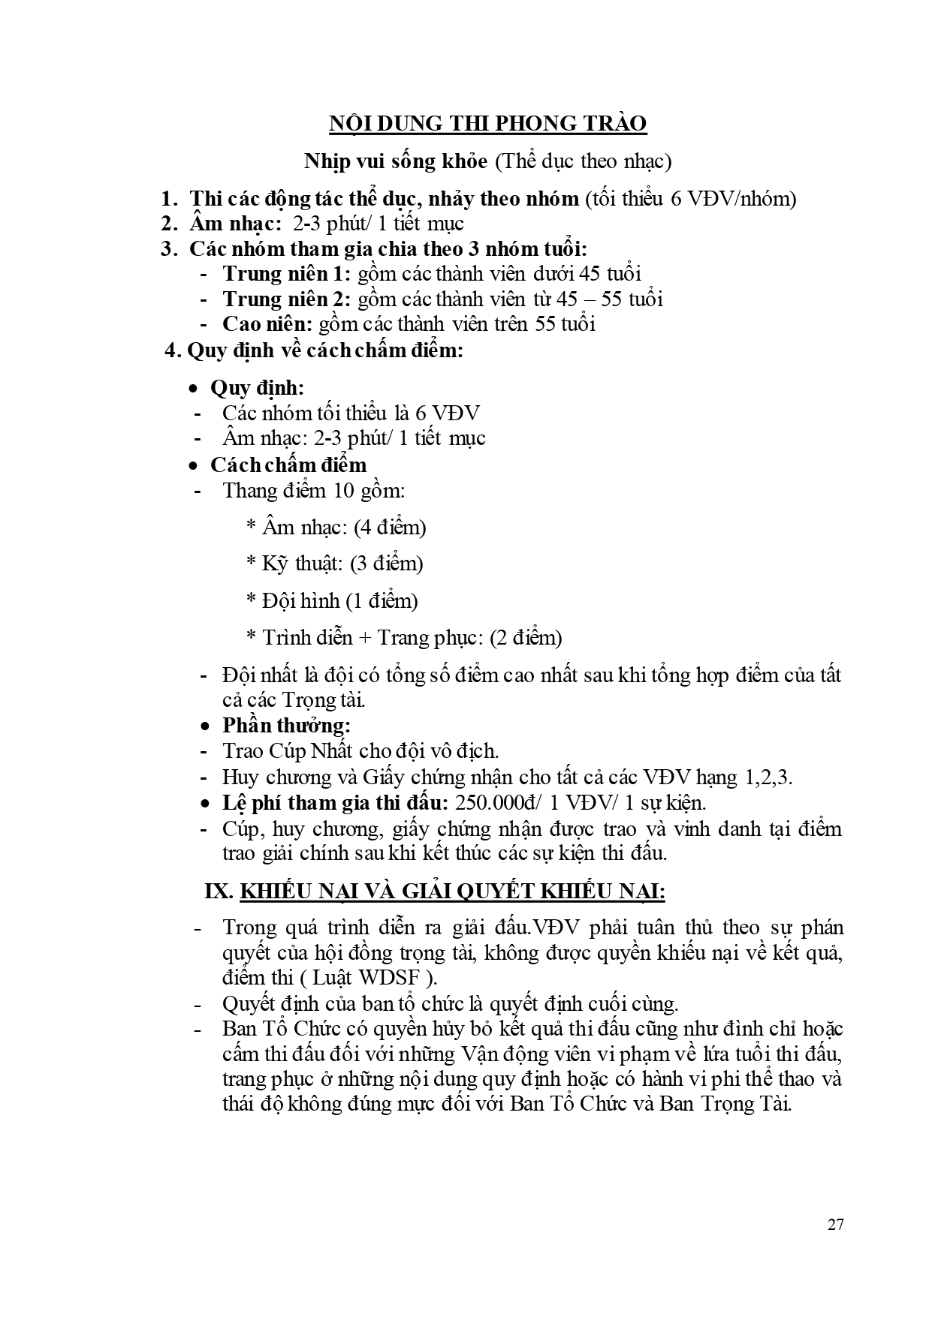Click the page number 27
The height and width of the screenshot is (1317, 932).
(835, 1225)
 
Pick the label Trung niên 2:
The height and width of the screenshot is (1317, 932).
(287, 299)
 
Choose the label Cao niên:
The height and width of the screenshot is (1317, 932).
(267, 324)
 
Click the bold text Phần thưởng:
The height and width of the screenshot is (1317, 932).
(287, 726)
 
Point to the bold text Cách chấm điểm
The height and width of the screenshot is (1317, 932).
(288, 465)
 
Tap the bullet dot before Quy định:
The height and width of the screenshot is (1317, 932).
(195, 389)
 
